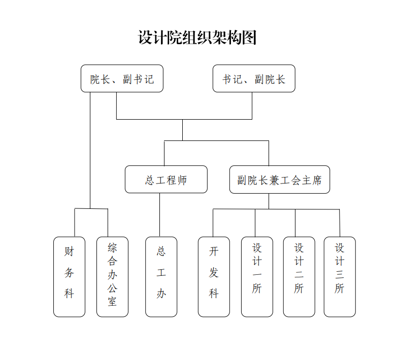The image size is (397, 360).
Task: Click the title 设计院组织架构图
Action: (197, 38)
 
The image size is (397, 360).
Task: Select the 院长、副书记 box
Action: (122, 79)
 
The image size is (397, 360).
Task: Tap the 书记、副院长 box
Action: (254, 79)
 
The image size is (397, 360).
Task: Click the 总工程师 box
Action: (166, 179)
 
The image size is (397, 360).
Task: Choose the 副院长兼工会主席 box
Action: (279, 179)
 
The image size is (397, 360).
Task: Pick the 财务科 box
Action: (69, 277)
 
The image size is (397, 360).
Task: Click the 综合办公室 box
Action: (112, 277)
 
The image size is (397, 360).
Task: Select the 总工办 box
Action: (161, 277)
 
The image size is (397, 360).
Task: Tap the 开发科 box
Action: (214, 277)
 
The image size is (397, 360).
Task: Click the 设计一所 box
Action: (257, 277)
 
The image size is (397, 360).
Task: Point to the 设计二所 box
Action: (299, 277)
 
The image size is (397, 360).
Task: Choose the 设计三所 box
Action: (340, 277)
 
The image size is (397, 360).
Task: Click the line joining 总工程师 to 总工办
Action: (159, 215)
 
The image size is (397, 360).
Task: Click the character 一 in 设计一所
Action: (257, 275)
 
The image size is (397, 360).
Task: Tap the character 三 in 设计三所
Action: (340, 275)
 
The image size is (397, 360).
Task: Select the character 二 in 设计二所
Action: (299, 275)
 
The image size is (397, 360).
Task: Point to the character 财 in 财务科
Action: (69, 251)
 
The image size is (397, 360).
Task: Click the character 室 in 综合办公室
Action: (112, 302)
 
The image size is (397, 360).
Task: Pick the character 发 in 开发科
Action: (214, 272)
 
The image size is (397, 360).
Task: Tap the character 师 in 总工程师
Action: (182, 180)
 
